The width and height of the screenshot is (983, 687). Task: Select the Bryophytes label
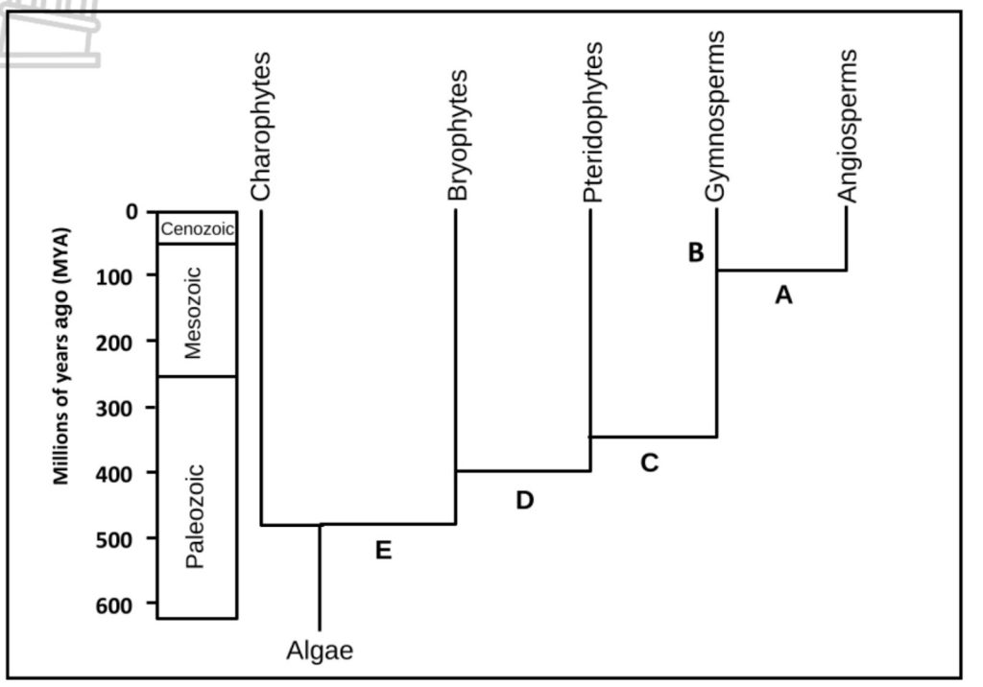458,133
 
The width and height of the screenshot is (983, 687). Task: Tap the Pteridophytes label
593,122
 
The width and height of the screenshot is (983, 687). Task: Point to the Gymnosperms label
714,116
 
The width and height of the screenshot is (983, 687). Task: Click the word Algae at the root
320,651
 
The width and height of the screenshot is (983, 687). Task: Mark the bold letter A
783,296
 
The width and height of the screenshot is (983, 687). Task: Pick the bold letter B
696,252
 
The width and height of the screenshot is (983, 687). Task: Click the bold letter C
649,463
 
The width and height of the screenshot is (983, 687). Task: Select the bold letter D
524,500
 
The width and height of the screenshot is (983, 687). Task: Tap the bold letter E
384,551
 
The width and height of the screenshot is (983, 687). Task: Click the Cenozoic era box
198,228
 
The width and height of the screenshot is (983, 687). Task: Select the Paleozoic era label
195,515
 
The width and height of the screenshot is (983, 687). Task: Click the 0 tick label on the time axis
132,211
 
